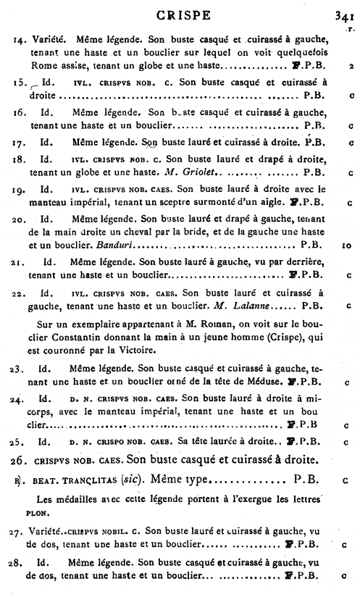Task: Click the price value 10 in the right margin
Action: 346,246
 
